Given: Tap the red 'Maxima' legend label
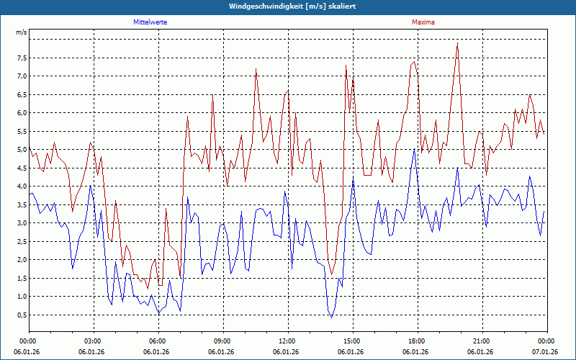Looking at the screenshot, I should point(423,22).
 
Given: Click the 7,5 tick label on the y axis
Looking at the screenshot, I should point(21,58).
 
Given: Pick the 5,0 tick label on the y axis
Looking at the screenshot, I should point(21,150).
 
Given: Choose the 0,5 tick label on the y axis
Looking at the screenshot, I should point(21,315).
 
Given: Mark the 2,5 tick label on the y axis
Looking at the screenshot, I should point(21,241).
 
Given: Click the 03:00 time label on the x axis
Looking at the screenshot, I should point(93,341).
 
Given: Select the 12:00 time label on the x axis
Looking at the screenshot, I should point(287,341).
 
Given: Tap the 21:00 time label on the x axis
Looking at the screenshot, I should point(482,341).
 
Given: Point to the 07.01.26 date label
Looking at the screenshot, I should point(546,352).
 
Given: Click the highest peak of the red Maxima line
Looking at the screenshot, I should point(457,43).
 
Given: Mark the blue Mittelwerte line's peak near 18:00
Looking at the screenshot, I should point(414,149).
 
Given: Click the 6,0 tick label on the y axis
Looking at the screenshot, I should point(21,113).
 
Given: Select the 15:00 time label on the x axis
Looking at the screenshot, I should point(352,341).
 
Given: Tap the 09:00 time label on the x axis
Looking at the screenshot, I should point(222,341).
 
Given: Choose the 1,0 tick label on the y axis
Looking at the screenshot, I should point(21,296).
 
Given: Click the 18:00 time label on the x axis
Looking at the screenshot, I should point(417,341).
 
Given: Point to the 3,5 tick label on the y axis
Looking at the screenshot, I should point(21,204).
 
